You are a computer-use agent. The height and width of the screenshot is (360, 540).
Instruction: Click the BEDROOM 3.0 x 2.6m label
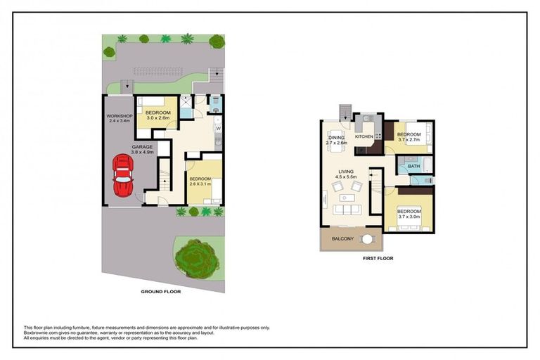pos(157,115)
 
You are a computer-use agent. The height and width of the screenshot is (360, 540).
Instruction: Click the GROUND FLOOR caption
pos(162,291)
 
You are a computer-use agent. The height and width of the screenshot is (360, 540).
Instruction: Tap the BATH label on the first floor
pos(413,167)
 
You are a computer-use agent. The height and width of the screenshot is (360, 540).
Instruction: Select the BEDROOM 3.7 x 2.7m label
pos(409,136)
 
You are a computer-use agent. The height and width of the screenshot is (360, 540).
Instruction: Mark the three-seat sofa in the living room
pos(346,210)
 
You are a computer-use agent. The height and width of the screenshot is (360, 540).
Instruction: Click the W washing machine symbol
pos(218,129)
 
